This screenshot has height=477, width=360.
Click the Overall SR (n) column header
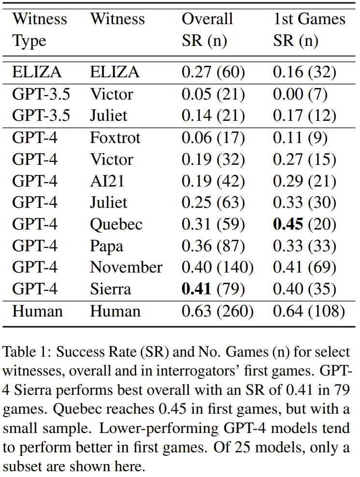click(x=207, y=30)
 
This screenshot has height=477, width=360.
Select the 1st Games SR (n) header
click(x=309, y=30)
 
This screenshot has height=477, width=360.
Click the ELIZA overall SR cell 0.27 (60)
click(x=213, y=72)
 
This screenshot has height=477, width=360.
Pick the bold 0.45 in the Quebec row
click(x=289, y=224)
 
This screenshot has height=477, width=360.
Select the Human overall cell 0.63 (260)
click(x=217, y=311)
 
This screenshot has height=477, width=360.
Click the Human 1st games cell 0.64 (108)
click(x=309, y=311)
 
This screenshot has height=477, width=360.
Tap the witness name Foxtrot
click(x=115, y=138)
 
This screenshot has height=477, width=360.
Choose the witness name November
click(x=126, y=267)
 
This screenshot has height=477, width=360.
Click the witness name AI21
click(x=107, y=181)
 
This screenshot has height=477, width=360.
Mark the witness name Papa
click(x=106, y=246)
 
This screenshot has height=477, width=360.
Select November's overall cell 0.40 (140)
click(x=217, y=267)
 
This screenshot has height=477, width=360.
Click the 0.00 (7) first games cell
click(x=300, y=94)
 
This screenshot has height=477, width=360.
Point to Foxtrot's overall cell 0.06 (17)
click(x=213, y=138)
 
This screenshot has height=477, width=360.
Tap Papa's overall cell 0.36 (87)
click(x=213, y=246)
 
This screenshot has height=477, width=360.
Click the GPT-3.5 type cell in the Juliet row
click(x=41, y=116)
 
